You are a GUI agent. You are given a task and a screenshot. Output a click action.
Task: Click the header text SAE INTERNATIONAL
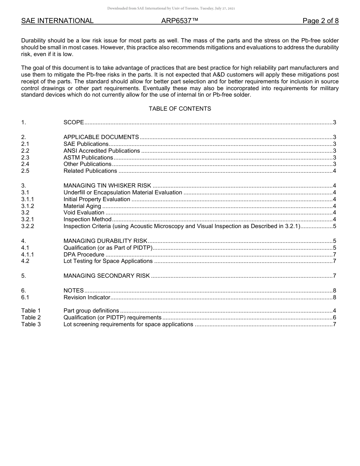57,21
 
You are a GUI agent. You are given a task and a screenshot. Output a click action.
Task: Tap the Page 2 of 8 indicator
320,21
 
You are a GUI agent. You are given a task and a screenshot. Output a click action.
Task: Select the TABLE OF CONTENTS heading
180,109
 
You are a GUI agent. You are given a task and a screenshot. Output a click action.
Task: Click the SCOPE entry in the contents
74,122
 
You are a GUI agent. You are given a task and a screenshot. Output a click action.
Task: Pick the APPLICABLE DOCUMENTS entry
101,137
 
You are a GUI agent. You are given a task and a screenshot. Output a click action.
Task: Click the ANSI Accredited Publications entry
102,151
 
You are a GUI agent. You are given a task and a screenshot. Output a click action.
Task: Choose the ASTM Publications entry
88,158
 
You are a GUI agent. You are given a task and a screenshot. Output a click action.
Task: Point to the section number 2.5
25,171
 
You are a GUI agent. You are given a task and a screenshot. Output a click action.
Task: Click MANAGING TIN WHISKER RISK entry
107,186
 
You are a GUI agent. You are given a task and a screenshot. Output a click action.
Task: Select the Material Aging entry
82,206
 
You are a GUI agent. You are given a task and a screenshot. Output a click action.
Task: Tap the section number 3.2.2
28,226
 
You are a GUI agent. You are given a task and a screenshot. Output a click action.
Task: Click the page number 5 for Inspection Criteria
334,226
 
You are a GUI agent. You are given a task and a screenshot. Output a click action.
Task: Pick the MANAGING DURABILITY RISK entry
105,241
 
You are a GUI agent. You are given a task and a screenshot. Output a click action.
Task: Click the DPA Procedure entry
84,255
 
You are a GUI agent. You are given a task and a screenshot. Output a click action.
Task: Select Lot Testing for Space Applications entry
108,261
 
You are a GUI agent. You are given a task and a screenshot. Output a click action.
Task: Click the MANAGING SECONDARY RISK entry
106,276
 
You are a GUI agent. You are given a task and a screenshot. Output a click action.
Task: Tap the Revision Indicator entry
87,297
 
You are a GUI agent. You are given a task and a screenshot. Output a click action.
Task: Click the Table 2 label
31,317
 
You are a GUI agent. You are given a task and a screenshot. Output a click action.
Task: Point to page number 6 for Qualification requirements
334,317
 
